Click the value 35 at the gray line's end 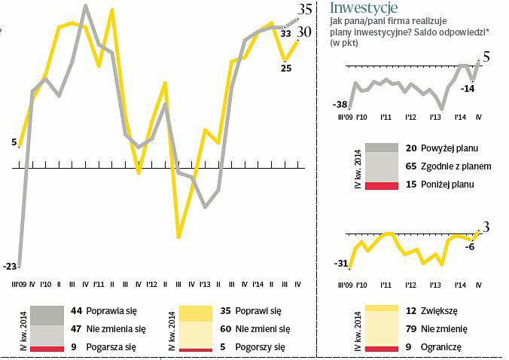point(306,9)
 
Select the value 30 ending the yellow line point(304,32)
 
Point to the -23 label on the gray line point(10,266)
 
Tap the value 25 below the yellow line point(286,68)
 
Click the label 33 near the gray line point(285,33)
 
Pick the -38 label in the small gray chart point(340,104)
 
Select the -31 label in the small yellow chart point(340,263)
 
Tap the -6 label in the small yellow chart point(469,246)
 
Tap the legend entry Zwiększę point(440,310)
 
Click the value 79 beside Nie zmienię point(410,328)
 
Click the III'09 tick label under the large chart point(20,285)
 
